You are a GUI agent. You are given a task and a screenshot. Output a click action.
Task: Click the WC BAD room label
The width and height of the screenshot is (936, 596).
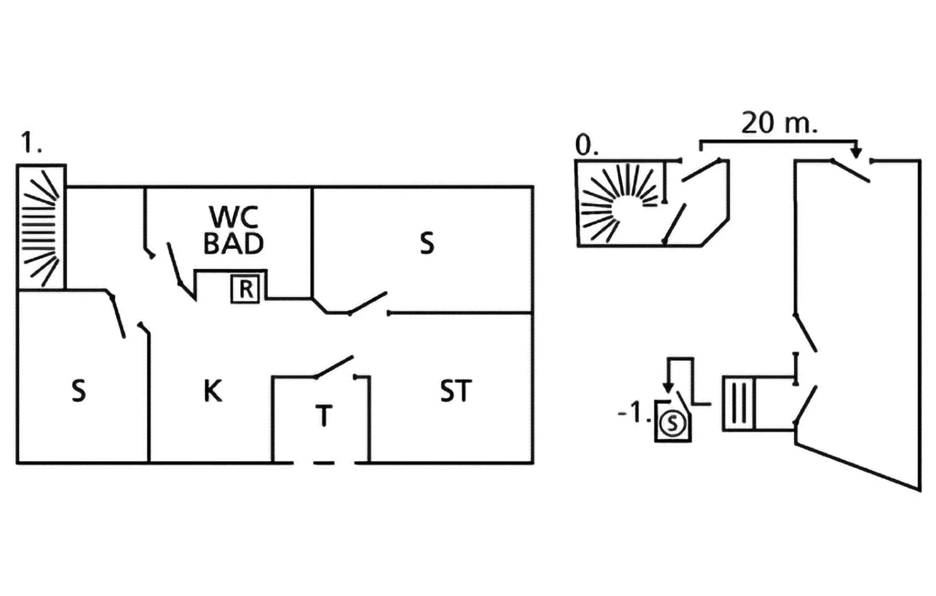(x=234, y=230)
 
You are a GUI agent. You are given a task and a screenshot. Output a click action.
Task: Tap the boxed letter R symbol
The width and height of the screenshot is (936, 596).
(x=245, y=289)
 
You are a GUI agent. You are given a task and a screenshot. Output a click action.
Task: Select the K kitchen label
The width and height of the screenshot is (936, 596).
(x=213, y=391)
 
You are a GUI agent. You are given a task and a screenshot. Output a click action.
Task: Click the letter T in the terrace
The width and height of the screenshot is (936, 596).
(x=324, y=416)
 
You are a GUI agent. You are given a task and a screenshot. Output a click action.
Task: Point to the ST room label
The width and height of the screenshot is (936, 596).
(x=455, y=391)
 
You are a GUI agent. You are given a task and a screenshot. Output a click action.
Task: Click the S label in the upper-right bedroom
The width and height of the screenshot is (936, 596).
(x=427, y=243)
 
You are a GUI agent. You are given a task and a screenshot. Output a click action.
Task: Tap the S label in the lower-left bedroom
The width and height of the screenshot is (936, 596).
(x=78, y=391)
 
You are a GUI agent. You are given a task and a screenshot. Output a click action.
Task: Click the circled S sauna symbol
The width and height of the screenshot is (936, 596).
(x=672, y=423)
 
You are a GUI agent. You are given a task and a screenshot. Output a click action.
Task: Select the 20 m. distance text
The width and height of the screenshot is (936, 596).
(x=779, y=123)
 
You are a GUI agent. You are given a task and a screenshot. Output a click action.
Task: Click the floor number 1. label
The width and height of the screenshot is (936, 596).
(x=31, y=143)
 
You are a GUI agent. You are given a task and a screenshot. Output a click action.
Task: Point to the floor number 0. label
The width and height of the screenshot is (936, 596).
(x=586, y=145)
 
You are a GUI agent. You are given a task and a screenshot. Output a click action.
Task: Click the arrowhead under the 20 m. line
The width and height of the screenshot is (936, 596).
(x=857, y=153)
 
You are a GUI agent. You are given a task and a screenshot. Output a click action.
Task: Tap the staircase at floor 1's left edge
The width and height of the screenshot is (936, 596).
(x=41, y=227)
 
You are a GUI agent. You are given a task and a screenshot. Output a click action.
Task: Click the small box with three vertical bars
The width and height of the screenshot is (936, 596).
(x=738, y=403)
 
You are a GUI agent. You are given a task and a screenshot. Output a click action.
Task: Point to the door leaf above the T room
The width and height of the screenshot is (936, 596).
(x=335, y=367)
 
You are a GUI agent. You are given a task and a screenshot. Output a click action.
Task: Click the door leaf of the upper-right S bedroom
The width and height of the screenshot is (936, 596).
(x=369, y=303)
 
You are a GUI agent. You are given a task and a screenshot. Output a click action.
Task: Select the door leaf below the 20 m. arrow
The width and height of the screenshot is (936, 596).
(x=851, y=171)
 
